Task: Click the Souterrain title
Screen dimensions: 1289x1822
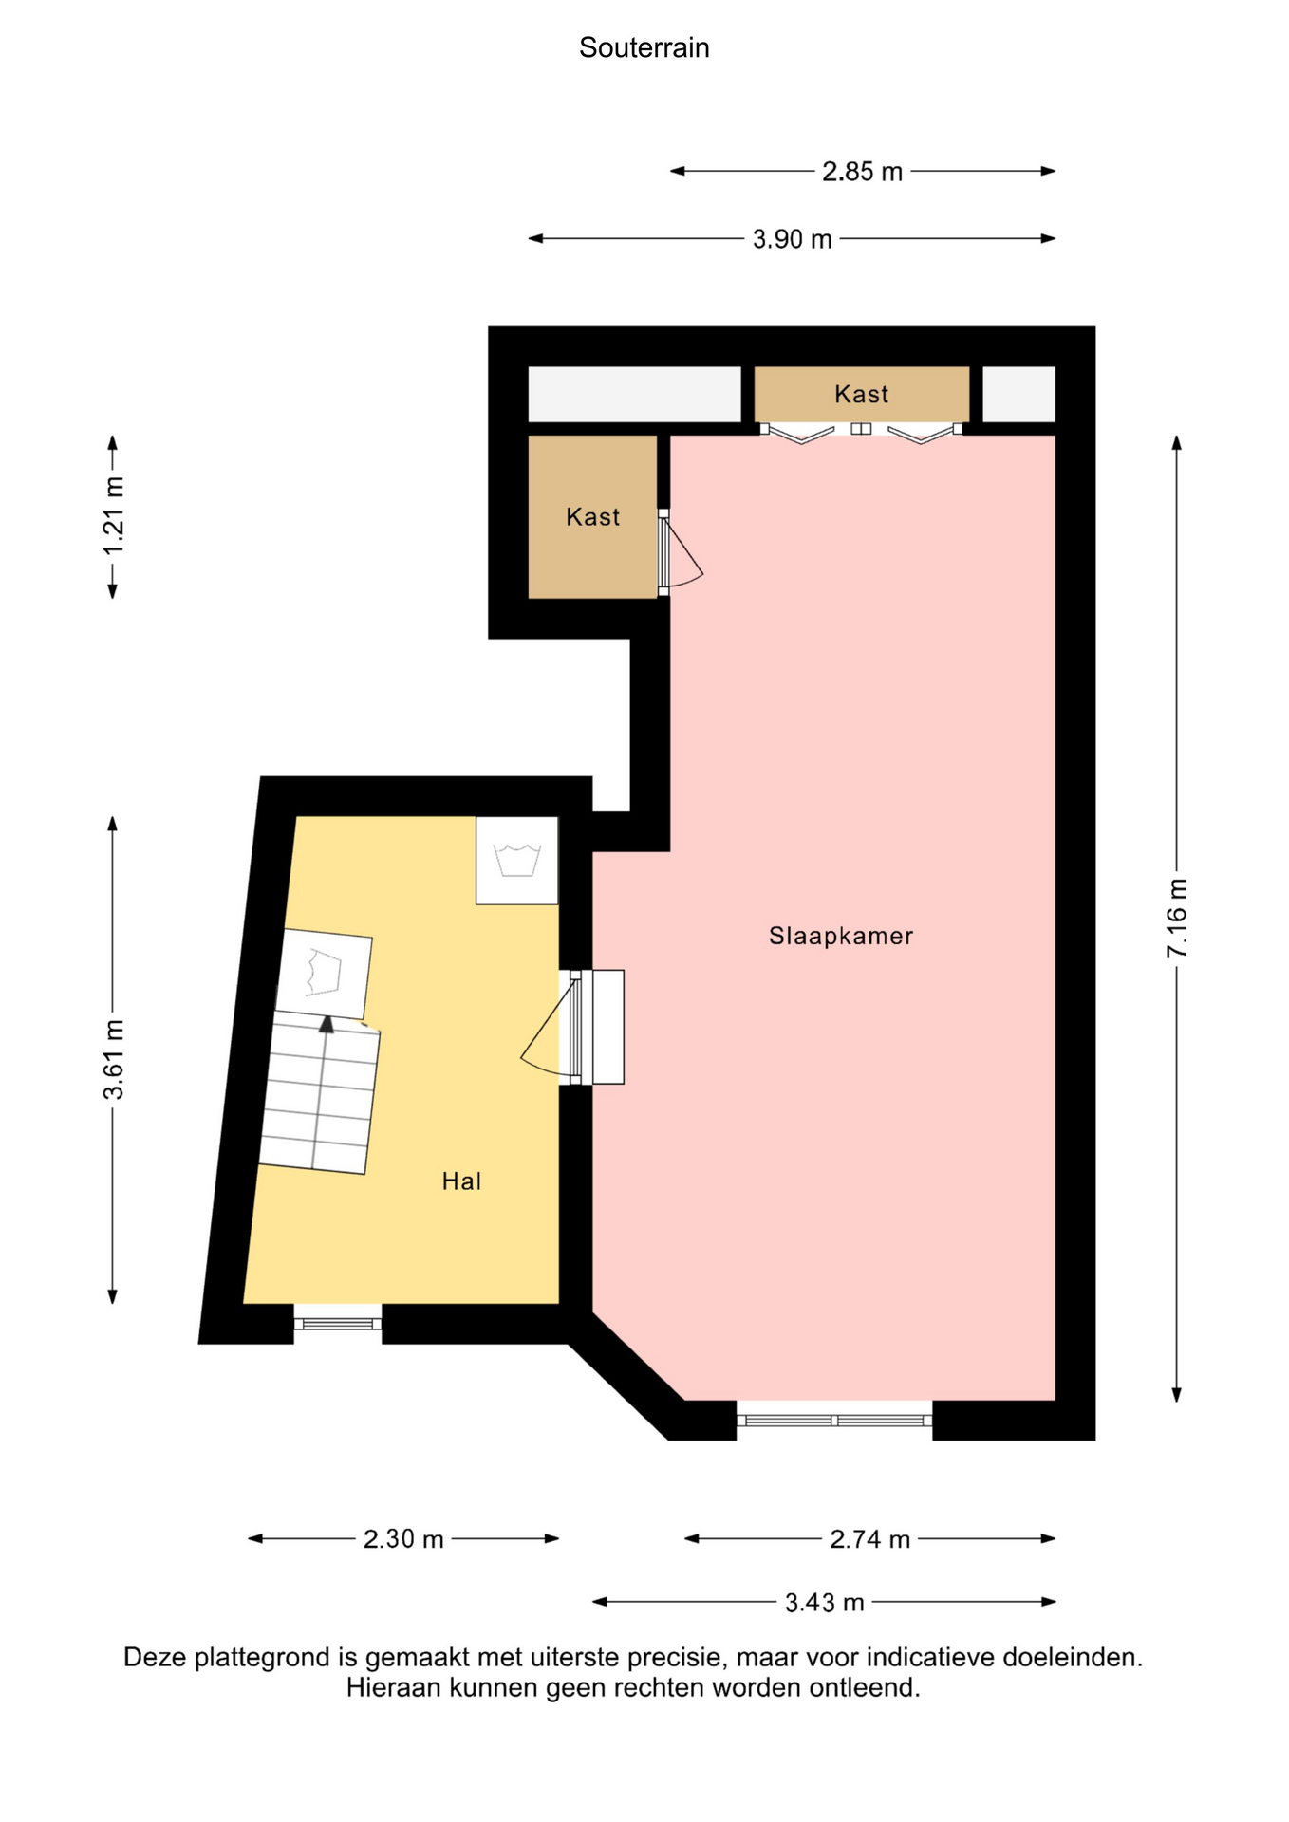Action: click(x=644, y=47)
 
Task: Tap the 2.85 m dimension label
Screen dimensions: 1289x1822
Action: click(x=862, y=172)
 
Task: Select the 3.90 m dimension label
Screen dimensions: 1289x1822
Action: click(x=793, y=239)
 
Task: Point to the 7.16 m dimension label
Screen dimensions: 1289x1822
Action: click(x=1177, y=918)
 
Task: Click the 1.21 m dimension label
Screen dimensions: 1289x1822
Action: click(x=113, y=516)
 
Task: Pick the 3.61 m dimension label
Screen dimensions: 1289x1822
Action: click(x=113, y=1060)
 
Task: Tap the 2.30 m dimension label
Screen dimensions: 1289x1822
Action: click(x=403, y=1538)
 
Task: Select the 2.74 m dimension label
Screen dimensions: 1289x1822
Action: click(x=870, y=1538)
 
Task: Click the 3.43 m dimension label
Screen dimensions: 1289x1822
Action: click(x=825, y=1602)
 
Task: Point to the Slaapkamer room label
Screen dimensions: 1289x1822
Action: click(x=841, y=936)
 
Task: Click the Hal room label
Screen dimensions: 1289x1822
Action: click(x=462, y=1181)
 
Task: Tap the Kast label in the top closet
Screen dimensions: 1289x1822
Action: click(x=862, y=394)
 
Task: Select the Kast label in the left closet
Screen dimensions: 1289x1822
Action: click(x=593, y=516)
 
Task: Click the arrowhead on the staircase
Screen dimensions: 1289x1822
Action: click(x=327, y=1024)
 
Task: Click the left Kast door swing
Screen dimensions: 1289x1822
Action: click(x=680, y=553)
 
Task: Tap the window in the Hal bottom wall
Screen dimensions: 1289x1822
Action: click(x=338, y=1323)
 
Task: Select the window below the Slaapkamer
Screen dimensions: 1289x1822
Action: click(x=834, y=1420)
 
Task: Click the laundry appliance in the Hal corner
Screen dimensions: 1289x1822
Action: click(x=517, y=861)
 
